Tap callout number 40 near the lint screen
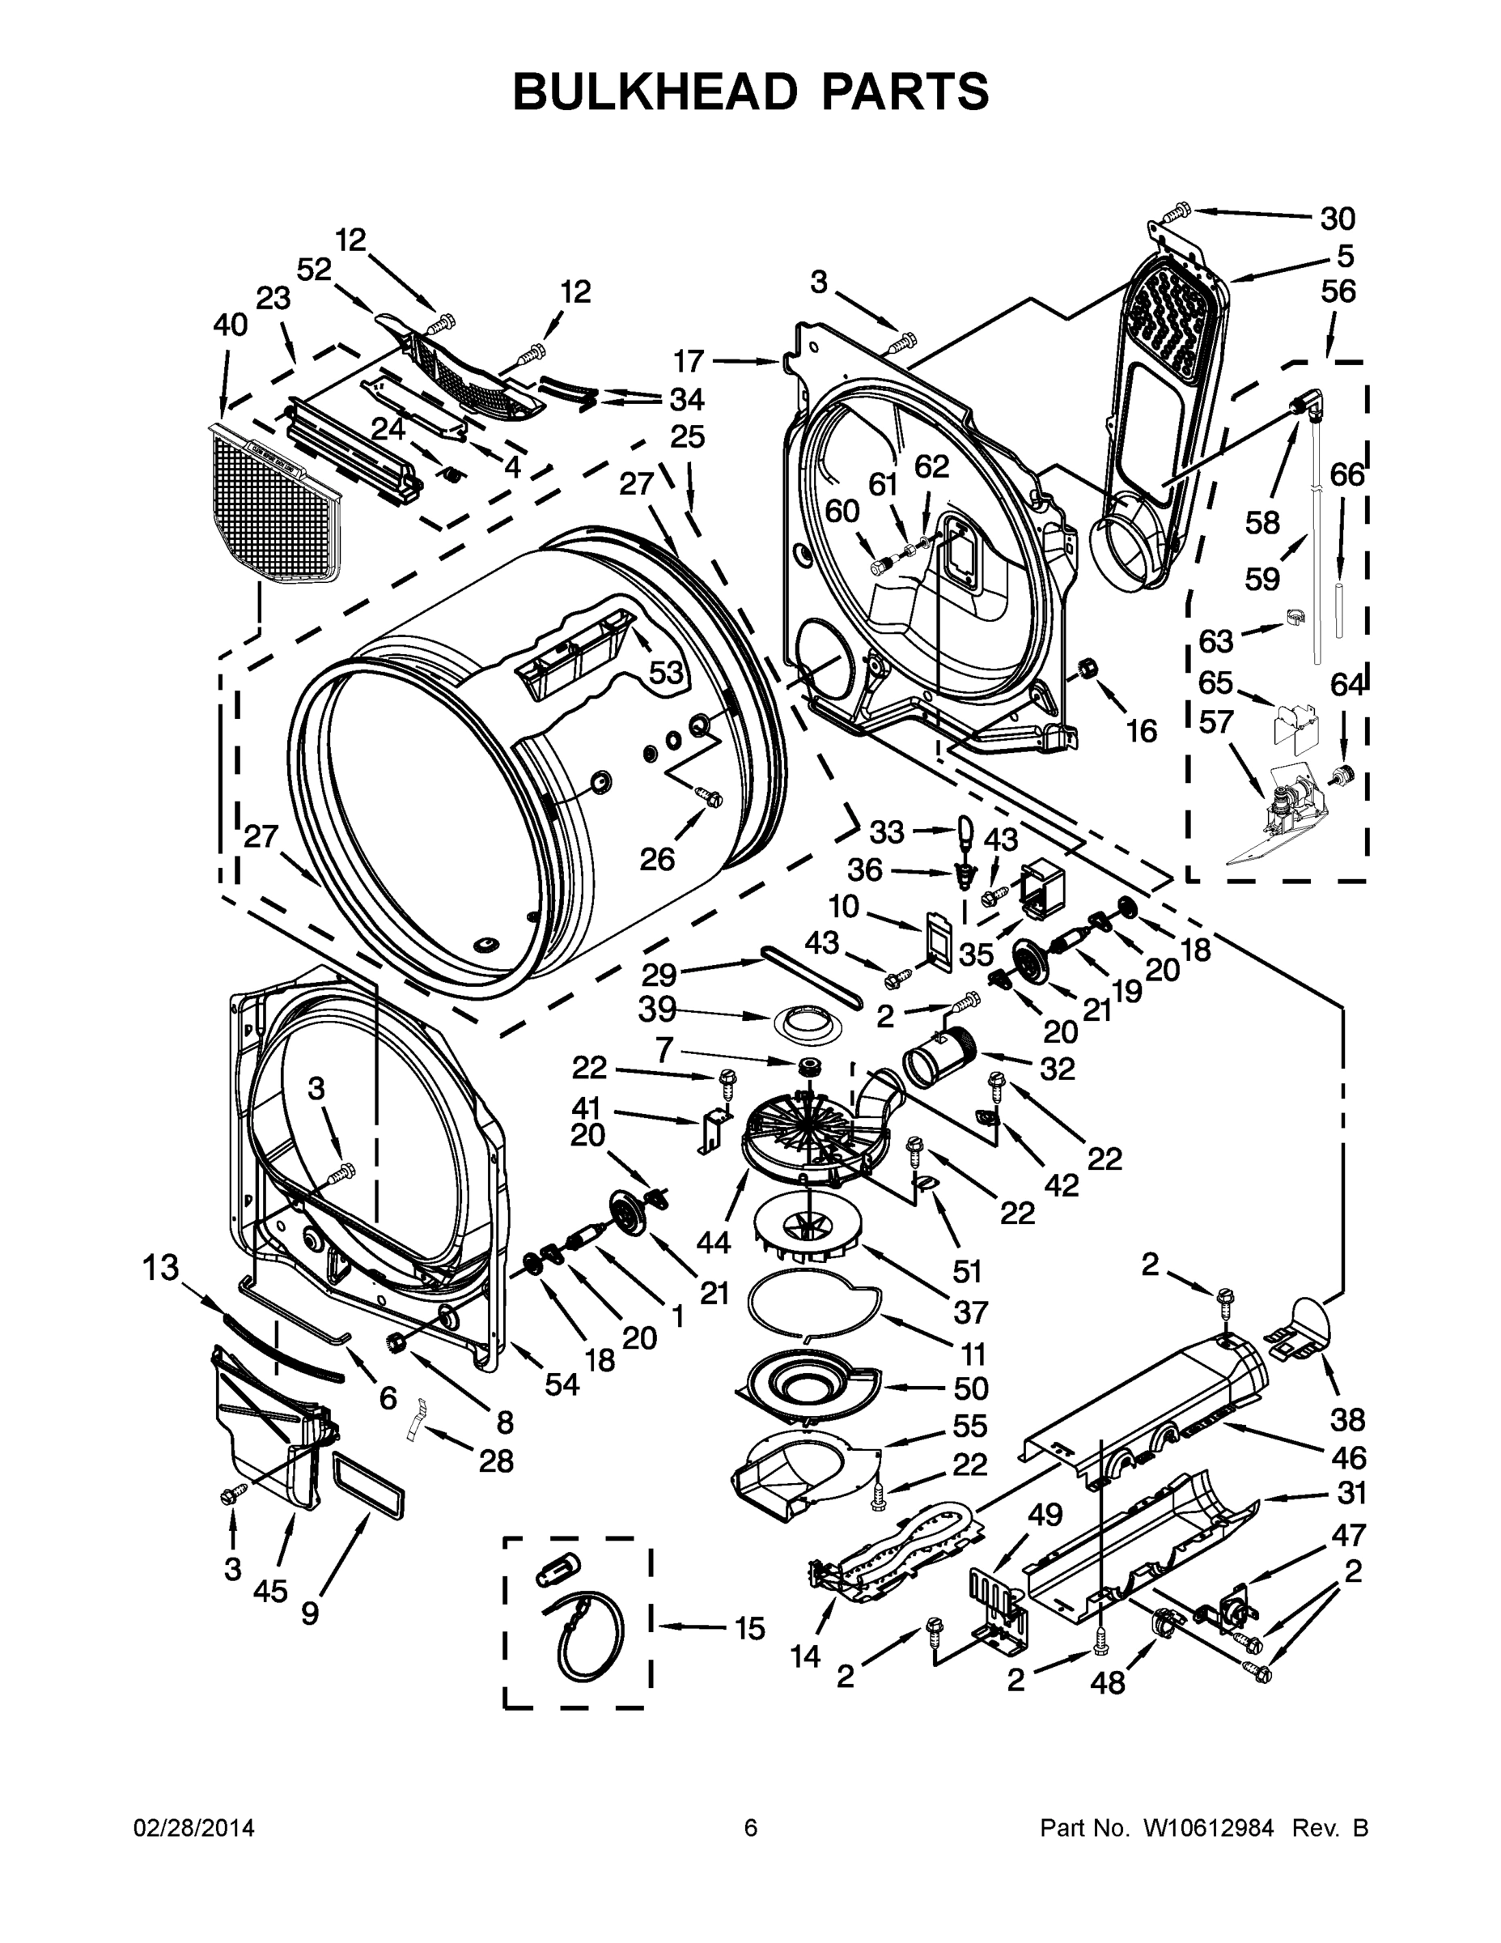click(x=231, y=325)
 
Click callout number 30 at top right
click(x=1338, y=218)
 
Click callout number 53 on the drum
click(x=665, y=674)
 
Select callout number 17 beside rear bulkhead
click(x=689, y=361)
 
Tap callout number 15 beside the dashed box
click(x=749, y=1628)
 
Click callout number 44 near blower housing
click(x=714, y=1241)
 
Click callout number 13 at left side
click(x=161, y=1268)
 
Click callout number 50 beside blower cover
click(x=971, y=1388)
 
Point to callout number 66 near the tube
click(x=1346, y=475)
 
